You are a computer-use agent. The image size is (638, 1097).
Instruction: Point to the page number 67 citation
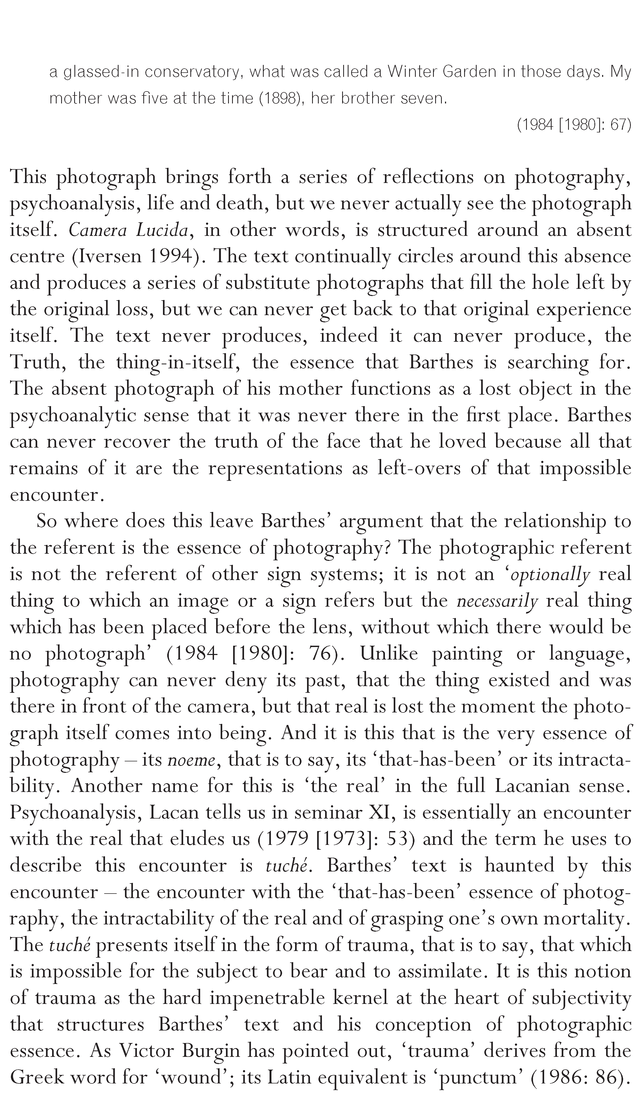[x=618, y=125]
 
